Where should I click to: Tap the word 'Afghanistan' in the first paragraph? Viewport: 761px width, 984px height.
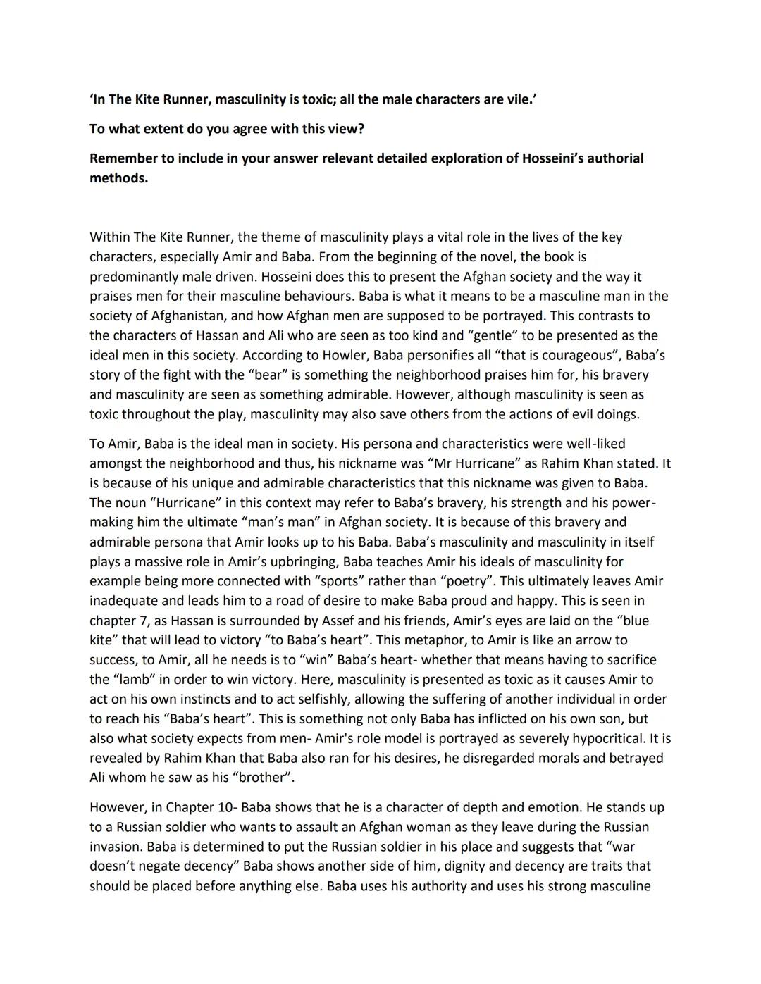[x=186, y=316]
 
